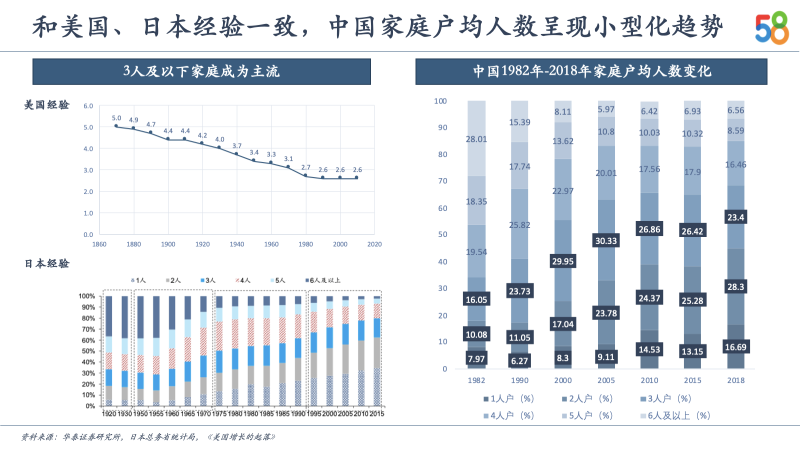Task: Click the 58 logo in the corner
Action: (x=771, y=28)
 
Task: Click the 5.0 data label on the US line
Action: (x=116, y=118)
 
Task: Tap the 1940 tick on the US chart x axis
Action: (x=236, y=244)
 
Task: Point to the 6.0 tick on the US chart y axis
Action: (x=88, y=106)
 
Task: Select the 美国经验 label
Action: (x=47, y=105)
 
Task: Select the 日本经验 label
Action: (x=47, y=263)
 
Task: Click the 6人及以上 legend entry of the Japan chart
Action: (x=323, y=280)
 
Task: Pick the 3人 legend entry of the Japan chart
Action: (x=208, y=280)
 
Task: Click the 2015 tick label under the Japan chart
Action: (x=377, y=414)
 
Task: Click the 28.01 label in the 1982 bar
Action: (x=476, y=139)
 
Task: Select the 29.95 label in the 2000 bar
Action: (x=562, y=261)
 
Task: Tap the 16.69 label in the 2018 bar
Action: (x=735, y=347)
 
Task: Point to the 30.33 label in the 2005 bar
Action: (x=606, y=241)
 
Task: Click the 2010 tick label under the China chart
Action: (x=649, y=380)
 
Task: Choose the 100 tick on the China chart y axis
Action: (x=440, y=101)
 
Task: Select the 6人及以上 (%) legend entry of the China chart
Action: (x=675, y=416)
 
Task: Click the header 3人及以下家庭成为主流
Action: (x=201, y=71)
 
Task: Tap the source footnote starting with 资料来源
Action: (x=148, y=437)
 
